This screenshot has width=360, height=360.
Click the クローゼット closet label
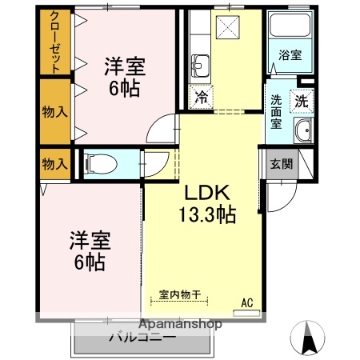[54, 42]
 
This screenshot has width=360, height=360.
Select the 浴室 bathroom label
[290, 55]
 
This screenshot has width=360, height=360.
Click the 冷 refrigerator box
[201, 97]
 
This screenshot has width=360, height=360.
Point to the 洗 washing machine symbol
[302, 102]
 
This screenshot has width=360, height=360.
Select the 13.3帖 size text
[206, 214]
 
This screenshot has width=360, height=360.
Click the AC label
[247, 302]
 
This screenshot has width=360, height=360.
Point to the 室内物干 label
[179, 293]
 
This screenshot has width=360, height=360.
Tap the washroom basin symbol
[302, 132]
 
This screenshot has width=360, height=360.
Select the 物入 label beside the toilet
[54, 165]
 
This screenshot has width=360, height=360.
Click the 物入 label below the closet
[54, 112]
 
